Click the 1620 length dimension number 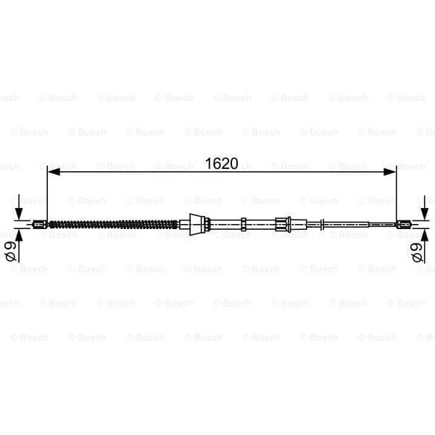tap(221, 164)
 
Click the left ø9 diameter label tap(10, 252)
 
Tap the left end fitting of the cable tap(39, 224)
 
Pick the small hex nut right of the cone tap(246, 224)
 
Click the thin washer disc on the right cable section tap(323, 224)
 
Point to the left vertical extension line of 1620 tap(47, 196)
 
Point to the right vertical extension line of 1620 tap(397, 196)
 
